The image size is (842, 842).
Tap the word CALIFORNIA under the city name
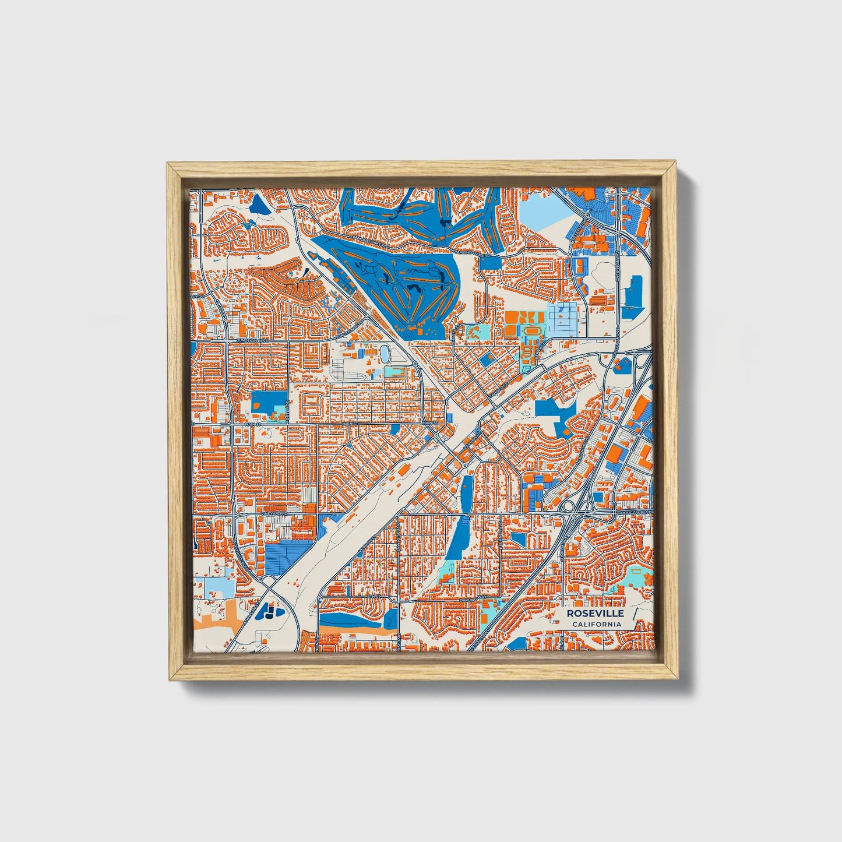click(596, 624)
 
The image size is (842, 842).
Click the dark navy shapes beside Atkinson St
click(269, 611)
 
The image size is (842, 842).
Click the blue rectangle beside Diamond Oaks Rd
click(491, 262)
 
